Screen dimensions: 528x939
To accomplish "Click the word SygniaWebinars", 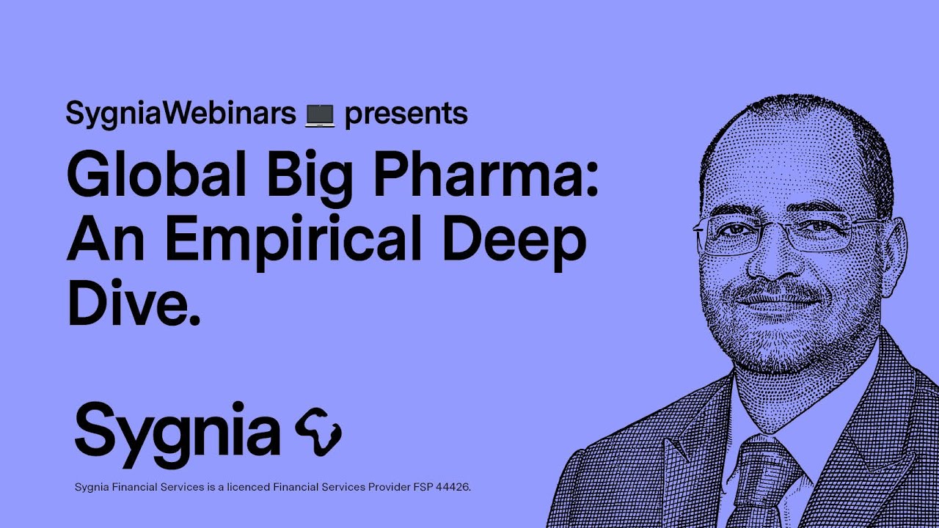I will (180, 114).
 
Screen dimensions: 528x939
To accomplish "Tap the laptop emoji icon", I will (320, 115).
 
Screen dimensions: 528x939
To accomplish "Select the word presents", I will (406, 115).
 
